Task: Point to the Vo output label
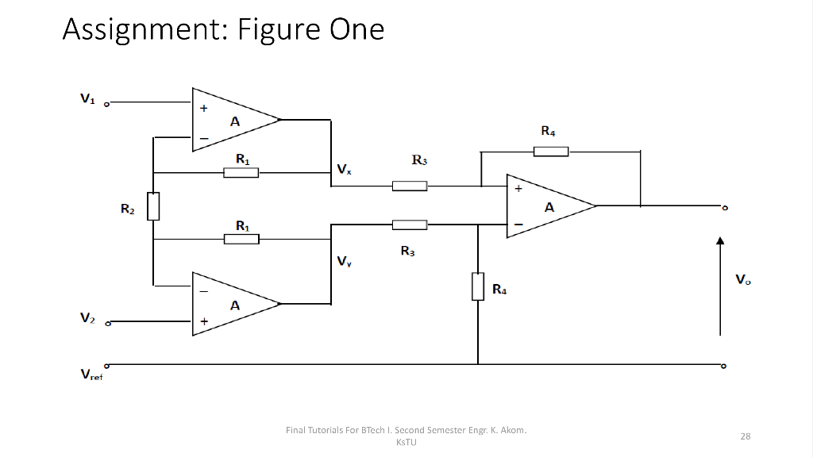click(742, 279)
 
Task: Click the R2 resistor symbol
click(153, 205)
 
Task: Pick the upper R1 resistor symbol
click(241, 172)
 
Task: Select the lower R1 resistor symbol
click(241, 239)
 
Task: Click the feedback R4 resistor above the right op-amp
click(550, 151)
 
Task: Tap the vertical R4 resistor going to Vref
click(478, 286)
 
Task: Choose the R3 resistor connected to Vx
click(410, 186)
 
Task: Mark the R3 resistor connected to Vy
click(410, 225)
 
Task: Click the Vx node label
click(344, 169)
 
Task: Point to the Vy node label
click(344, 261)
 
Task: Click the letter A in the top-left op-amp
click(235, 121)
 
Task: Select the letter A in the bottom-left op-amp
click(235, 305)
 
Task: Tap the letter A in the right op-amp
click(549, 207)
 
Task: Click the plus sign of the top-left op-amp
click(204, 109)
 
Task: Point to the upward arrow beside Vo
click(719, 286)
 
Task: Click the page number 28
click(746, 436)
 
